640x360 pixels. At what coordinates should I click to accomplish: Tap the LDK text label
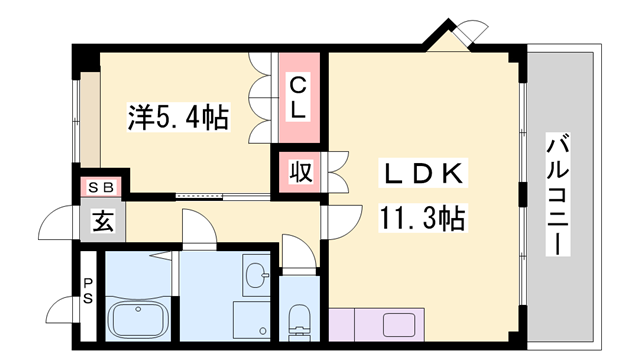pos(424,174)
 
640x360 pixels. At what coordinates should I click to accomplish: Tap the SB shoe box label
pos(101,186)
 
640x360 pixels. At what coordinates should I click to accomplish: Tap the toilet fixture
pos(297,320)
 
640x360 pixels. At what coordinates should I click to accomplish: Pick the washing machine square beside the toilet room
pos(249,320)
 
